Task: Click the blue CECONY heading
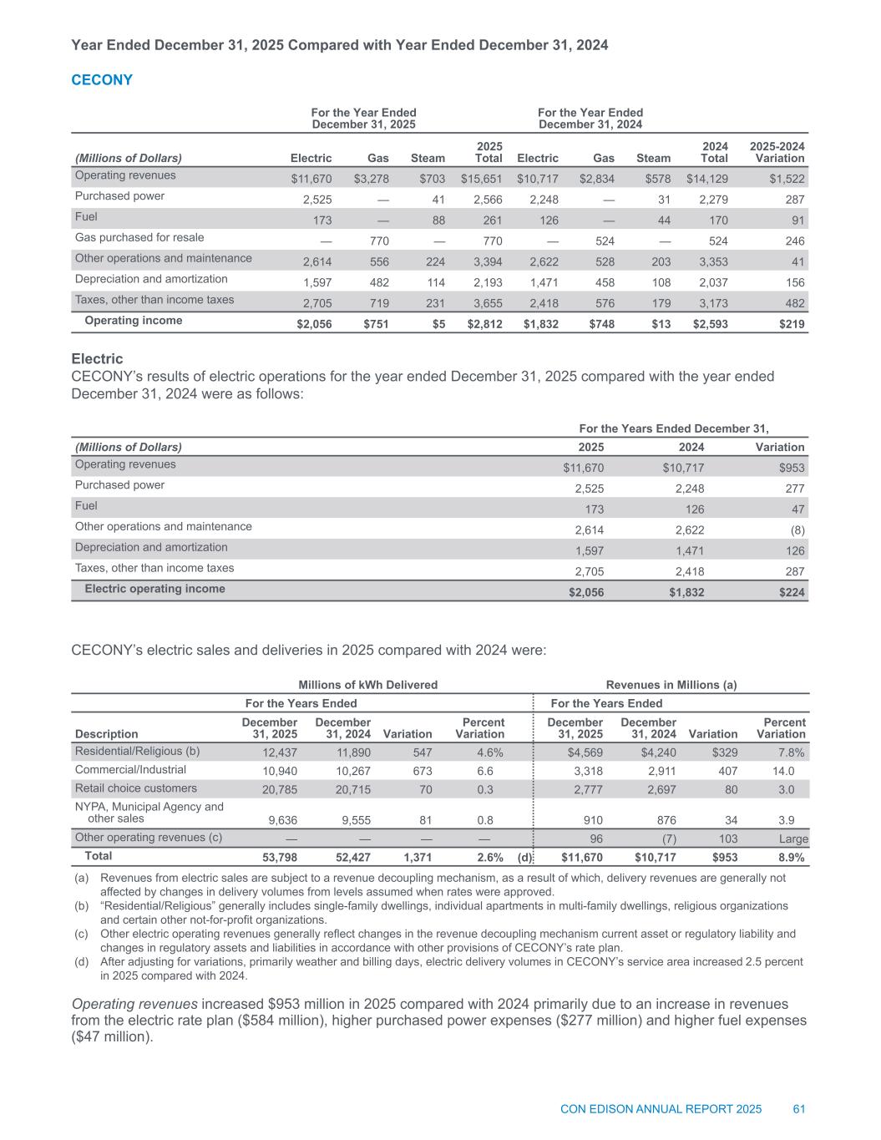[x=102, y=80]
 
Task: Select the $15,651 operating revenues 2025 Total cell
[x=481, y=179]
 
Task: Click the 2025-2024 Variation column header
[x=777, y=152]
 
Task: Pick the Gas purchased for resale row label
[x=139, y=237]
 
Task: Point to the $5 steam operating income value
[x=438, y=324]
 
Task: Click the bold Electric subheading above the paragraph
[x=98, y=359]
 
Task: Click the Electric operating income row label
[x=154, y=589]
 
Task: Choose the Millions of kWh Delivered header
[x=367, y=685]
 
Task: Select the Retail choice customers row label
[x=136, y=788]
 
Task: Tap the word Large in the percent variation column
[x=792, y=838]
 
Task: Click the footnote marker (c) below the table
[x=81, y=934]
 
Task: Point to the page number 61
[x=798, y=1109]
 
